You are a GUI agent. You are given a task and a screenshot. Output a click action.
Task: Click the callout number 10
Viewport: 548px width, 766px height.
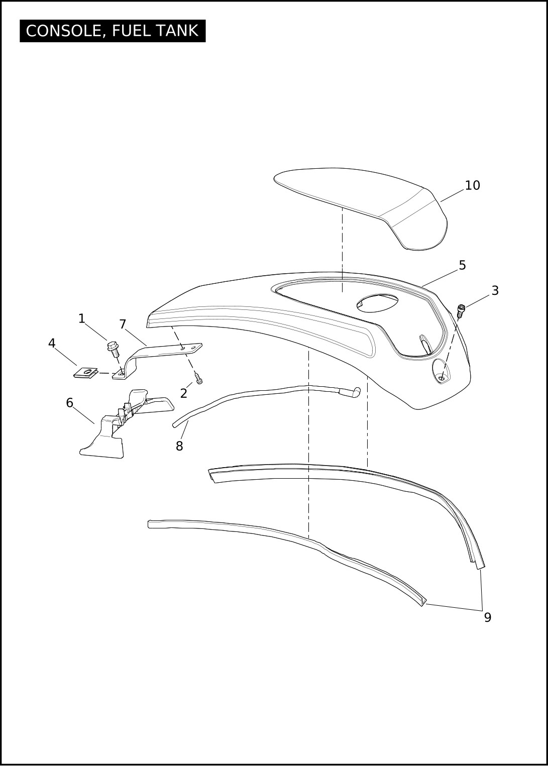coord(472,185)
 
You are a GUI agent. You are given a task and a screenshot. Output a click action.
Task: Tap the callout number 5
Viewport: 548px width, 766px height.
coord(462,265)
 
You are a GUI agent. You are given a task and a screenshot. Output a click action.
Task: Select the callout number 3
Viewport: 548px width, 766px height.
coord(495,291)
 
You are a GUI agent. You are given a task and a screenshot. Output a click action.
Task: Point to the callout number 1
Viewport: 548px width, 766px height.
coord(81,319)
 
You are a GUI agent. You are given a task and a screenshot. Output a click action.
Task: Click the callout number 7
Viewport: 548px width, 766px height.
coord(123,324)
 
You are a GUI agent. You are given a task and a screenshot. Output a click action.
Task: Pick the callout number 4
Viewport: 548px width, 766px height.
coord(52,343)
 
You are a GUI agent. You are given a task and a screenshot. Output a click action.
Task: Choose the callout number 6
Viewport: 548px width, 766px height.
coord(69,403)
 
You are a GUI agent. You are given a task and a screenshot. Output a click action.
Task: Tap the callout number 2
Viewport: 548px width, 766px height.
coord(183,394)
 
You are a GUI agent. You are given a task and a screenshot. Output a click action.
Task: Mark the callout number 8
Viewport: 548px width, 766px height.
coord(179,446)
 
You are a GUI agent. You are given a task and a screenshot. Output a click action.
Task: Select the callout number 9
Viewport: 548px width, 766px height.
coord(488,617)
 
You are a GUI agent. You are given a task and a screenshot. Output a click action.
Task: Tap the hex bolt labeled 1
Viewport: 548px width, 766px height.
coord(113,349)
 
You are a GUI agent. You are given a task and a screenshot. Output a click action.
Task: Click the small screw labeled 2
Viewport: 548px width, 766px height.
coord(199,378)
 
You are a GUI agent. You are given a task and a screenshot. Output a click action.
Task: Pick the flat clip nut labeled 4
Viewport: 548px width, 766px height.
coord(86,372)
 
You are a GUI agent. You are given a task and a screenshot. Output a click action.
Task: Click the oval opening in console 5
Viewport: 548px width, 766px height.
coord(377,303)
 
